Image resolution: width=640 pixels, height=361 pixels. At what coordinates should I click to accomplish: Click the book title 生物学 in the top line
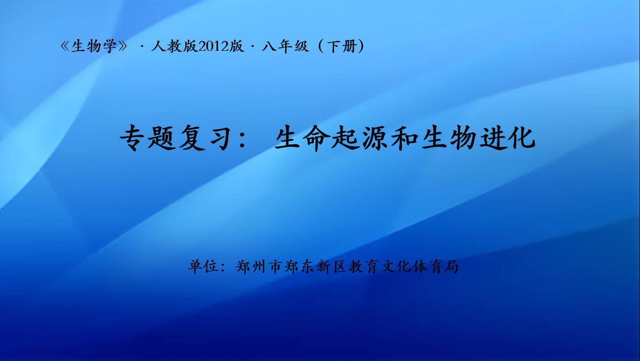(94, 46)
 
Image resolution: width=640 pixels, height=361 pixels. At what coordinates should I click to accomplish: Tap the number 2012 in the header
(214, 47)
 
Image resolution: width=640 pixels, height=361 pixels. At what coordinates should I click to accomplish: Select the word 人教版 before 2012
(175, 46)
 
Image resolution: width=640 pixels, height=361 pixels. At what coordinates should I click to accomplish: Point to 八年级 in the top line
(285, 46)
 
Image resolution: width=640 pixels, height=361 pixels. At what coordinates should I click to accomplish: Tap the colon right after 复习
(242, 140)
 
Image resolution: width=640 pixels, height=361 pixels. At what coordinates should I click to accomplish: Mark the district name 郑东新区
(315, 267)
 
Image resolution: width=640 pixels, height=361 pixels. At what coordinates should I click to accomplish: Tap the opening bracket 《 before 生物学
(65, 47)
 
